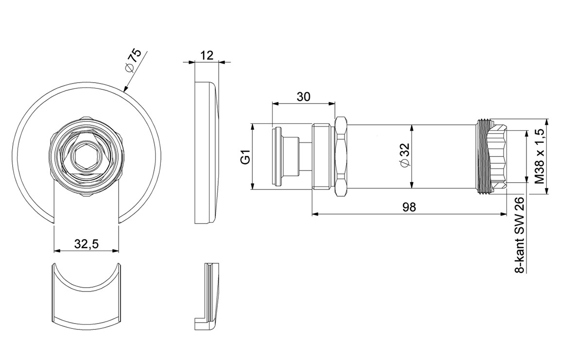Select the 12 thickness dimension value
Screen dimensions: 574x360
(207, 55)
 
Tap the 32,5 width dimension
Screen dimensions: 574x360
(87, 244)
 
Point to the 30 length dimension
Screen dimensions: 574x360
(303, 97)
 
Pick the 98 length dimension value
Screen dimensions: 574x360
(409, 207)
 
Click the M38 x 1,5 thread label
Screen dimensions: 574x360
(540, 156)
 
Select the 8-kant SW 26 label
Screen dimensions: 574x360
(520, 235)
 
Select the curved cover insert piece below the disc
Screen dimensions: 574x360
(87, 294)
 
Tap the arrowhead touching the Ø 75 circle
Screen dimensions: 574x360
(125, 88)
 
